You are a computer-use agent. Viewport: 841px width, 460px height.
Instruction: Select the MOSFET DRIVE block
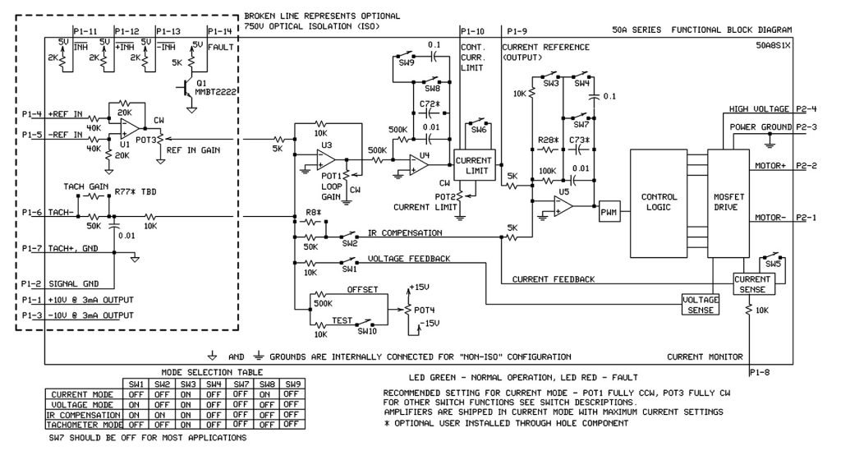(734, 203)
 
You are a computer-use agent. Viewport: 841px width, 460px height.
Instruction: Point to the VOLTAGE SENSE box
(700, 304)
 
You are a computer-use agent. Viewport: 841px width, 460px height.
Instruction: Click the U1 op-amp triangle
(128, 127)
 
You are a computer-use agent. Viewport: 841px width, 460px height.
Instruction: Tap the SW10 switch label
(366, 331)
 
